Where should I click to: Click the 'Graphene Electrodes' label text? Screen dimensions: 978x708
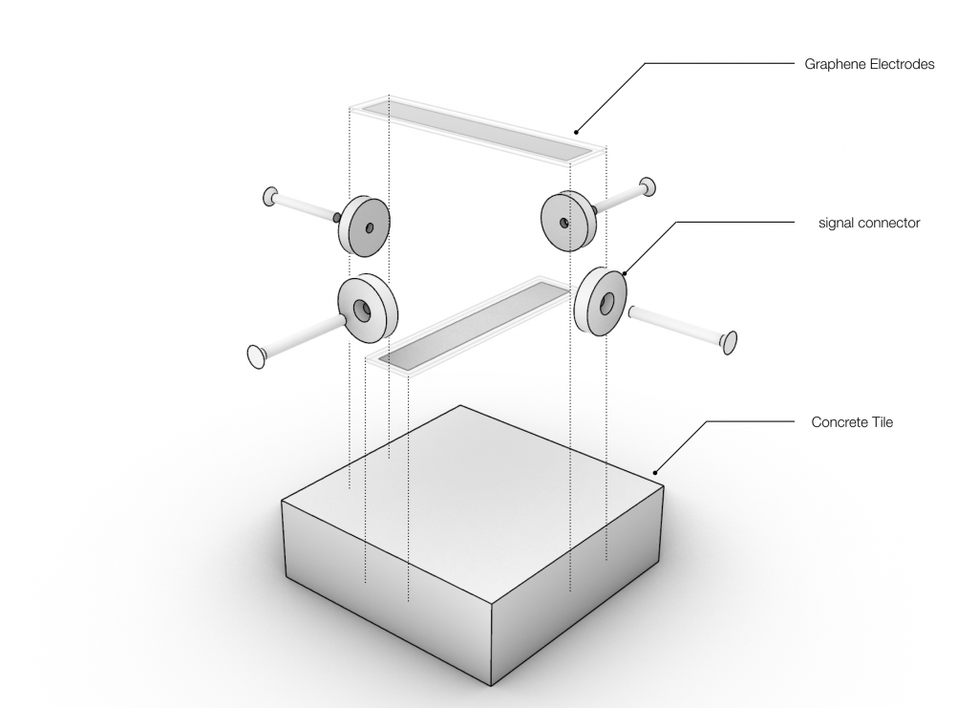click(869, 64)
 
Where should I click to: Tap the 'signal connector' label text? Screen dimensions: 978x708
click(869, 223)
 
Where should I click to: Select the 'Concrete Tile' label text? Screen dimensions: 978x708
click(852, 422)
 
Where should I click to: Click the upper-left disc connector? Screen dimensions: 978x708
click(364, 225)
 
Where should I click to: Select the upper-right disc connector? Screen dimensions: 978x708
click(567, 221)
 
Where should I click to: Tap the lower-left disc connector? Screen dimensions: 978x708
click(368, 309)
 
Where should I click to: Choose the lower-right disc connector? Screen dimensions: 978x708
click(600, 302)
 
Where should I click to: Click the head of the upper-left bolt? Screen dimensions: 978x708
click(270, 197)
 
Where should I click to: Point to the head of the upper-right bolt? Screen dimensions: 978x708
click(648, 186)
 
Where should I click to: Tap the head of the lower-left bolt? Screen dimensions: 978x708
click(256, 356)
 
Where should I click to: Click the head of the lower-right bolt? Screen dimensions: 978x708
click(729, 342)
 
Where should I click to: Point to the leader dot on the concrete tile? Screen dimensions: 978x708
click(655, 472)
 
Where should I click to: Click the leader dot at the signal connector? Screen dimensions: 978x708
click(625, 273)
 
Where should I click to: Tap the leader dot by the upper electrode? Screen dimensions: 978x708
click(576, 132)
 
